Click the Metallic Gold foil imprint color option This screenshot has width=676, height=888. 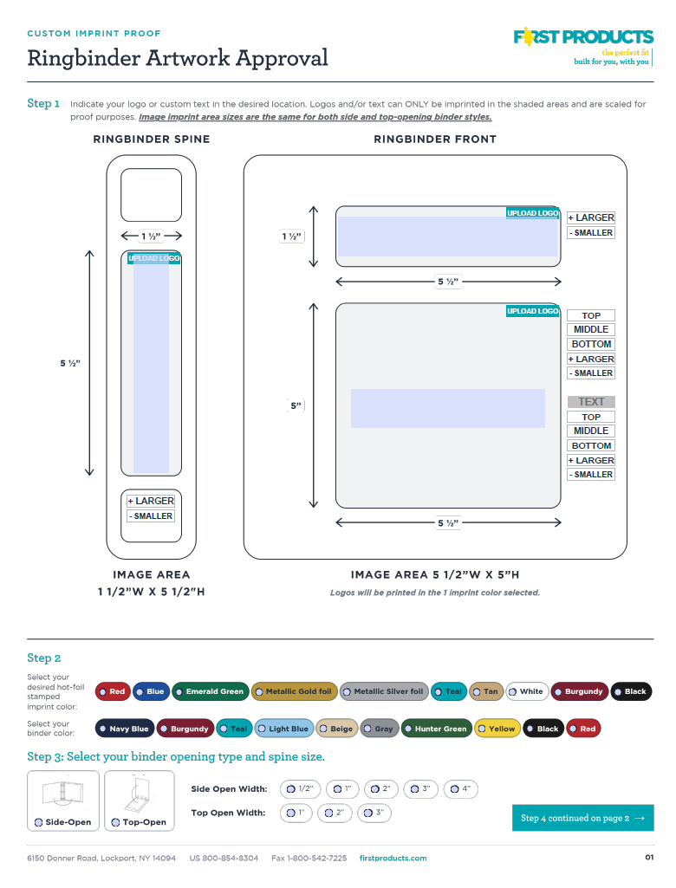295,691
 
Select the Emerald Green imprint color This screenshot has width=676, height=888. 211,691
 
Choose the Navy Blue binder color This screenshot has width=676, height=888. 125,729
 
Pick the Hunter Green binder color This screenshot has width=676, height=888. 436,729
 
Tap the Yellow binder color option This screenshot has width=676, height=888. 497,729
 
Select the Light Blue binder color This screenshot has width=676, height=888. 284,729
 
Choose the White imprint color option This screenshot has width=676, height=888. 527,691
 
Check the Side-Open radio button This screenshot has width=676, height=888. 38,822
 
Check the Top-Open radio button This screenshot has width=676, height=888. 115,822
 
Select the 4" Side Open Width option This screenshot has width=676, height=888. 461,789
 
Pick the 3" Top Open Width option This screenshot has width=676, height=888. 374,813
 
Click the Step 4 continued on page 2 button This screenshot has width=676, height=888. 583,818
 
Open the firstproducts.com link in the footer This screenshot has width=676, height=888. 393,859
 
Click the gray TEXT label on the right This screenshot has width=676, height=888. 591,402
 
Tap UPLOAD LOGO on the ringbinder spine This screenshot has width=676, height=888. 154,258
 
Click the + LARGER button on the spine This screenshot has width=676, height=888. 151,502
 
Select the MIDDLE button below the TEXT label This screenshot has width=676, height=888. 591,431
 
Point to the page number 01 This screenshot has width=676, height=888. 649,858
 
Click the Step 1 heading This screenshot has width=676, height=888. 43,104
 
